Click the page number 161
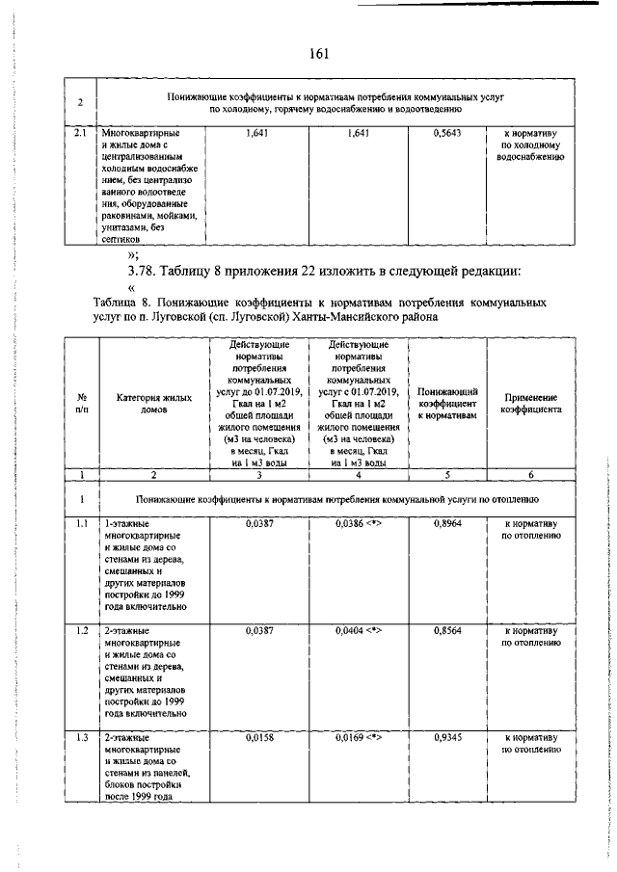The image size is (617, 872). [x=320, y=53]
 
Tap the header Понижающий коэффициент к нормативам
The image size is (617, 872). [x=447, y=403]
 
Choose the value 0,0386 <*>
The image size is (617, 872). [x=359, y=523]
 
